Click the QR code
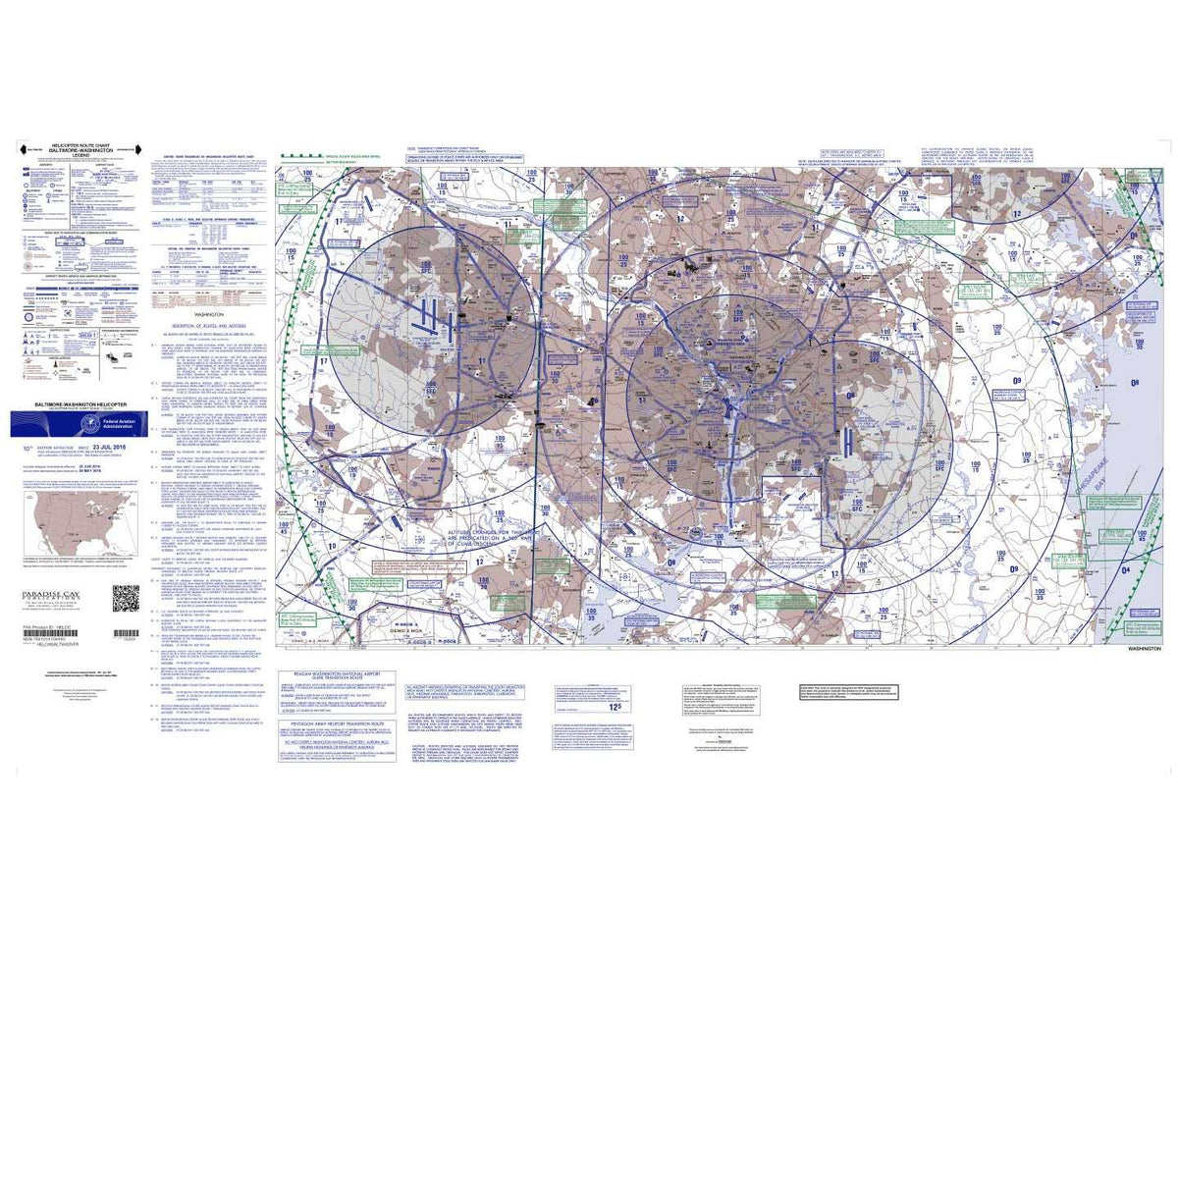126,597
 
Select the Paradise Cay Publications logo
49,597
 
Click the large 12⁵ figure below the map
615,706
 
